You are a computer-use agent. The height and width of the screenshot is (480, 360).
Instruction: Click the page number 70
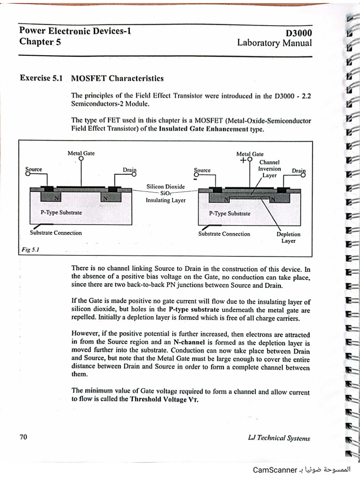click(23, 437)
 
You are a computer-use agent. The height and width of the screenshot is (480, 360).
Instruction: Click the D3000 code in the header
click(299, 33)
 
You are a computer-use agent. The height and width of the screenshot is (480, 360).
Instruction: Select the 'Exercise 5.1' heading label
click(41, 77)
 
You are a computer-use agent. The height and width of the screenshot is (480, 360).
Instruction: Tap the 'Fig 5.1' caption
click(30, 250)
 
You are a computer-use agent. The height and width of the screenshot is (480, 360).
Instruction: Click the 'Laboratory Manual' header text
click(274, 43)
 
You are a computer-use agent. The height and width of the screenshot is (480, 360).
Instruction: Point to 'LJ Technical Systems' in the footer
click(279, 438)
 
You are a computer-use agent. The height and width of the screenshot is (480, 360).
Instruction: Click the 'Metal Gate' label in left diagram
click(81, 153)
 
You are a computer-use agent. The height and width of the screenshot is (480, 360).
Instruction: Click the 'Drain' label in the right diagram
click(299, 171)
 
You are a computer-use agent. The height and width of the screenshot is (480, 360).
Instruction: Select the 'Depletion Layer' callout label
click(288, 237)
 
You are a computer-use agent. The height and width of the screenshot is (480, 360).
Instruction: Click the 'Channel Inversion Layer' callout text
click(270, 169)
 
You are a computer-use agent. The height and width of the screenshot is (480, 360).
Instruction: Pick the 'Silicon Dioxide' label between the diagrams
click(165, 187)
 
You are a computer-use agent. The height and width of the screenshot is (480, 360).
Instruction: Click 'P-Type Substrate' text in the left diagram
click(61, 212)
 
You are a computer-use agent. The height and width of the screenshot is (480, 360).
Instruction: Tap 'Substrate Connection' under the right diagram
click(224, 233)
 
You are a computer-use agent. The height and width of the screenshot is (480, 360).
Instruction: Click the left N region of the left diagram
click(58, 198)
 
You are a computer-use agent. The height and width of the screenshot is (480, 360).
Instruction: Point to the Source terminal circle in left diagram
click(28, 174)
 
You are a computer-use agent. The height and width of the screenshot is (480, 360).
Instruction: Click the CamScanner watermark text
click(274, 470)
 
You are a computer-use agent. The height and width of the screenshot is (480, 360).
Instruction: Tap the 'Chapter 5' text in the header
click(40, 42)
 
